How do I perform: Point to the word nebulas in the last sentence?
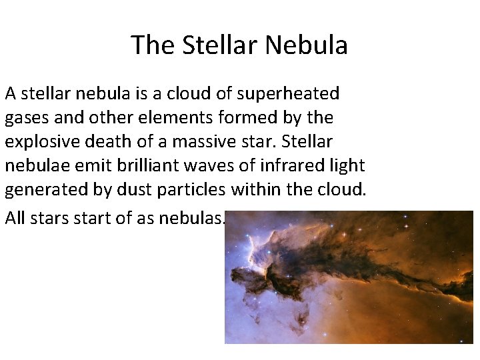point(193,218)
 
